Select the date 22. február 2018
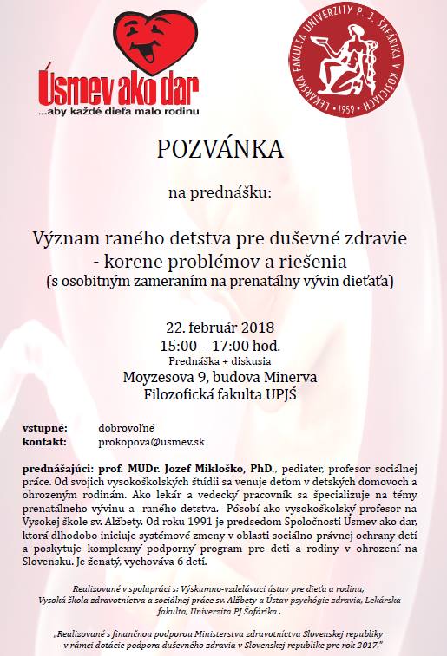pyautogui.click(x=220, y=327)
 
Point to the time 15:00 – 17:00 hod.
pyautogui.click(x=220, y=344)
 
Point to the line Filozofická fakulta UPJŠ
pyautogui.click(x=220, y=394)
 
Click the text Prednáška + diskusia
pyautogui.click(x=220, y=360)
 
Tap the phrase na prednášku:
pyautogui.click(x=220, y=193)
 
